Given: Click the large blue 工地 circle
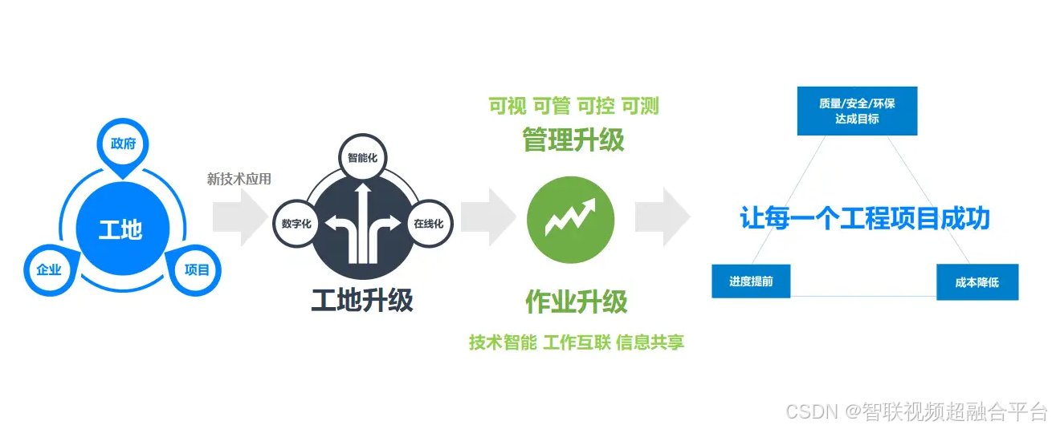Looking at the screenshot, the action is [x=120, y=229].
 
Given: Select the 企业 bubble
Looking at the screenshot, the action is [x=49, y=269].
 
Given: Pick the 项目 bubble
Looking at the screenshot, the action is [x=197, y=269].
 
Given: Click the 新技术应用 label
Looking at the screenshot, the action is [x=239, y=179].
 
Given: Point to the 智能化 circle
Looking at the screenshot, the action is [x=362, y=158].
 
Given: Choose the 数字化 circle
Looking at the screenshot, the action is [x=296, y=224].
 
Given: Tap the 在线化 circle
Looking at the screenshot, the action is [x=429, y=224].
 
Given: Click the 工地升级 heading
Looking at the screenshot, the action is [x=362, y=300].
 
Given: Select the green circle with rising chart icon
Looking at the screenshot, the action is [x=570, y=220].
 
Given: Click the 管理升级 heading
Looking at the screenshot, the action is [x=573, y=140].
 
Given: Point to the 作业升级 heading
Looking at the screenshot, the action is [x=576, y=302].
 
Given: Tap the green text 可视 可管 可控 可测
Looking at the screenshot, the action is [x=573, y=106].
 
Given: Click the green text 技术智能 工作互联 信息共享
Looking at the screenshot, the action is [x=577, y=342].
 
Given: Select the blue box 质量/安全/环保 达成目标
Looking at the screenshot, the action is [x=856, y=111].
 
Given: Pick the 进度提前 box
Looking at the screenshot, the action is [x=750, y=281].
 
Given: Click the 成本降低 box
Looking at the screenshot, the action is [x=977, y=282].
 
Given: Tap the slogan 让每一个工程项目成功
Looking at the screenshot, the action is [x=864, y=218].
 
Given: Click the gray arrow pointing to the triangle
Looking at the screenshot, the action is [x=663, y=217].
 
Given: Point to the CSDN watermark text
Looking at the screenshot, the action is [x=916, y=412].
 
